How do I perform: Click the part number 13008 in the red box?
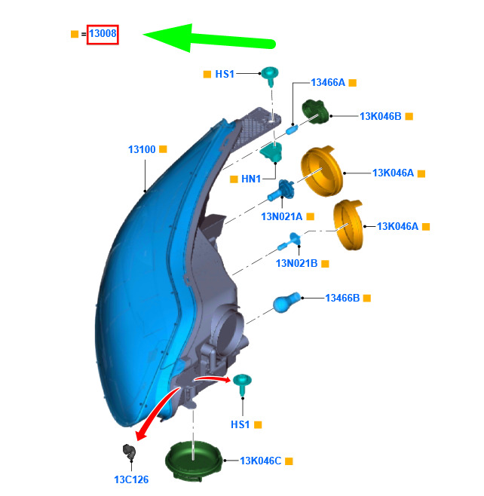[x=103, y=33]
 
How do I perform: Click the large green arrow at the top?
[x=209, y=38]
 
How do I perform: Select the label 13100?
[x=142, y=149]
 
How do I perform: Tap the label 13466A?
[x=328, y=83]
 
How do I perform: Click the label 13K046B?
[x=380, y=116]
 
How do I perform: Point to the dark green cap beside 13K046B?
[x=315, y=112]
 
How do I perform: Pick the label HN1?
[x=251, y=179]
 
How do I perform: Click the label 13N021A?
[x=281, y=216]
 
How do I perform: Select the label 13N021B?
[x=296, y=263]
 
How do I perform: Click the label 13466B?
[x=342, y=298]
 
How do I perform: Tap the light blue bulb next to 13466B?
[x=286, y=302]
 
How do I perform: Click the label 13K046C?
[x=260, y=461]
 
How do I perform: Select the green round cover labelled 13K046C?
[x=195, y=461]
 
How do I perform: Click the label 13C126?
[x=131, y=479]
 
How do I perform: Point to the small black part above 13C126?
[x=129, y=452]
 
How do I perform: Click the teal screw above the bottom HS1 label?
[x=242, y=384]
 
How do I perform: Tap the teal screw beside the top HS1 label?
[x=270, y=76]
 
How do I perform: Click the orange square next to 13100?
[x=163, y=149]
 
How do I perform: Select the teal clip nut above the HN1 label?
[x=271, y=152]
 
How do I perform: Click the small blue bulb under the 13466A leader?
[x=292, y=129]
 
